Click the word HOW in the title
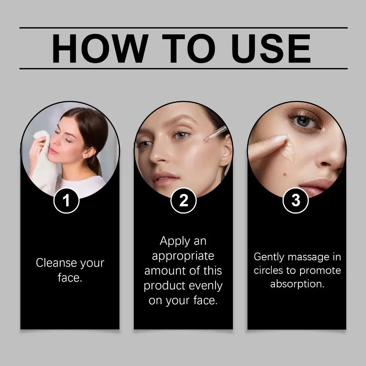(x=99, y=48)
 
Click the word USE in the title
(x=271, y=48)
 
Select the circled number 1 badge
(x=66, y=200)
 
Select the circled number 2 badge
(x=184, y=200)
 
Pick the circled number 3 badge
(x=296, y=200)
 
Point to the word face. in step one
(x=70, y=278)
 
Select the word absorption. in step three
(x=297, y=284)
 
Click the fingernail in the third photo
(x=281, y=139)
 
